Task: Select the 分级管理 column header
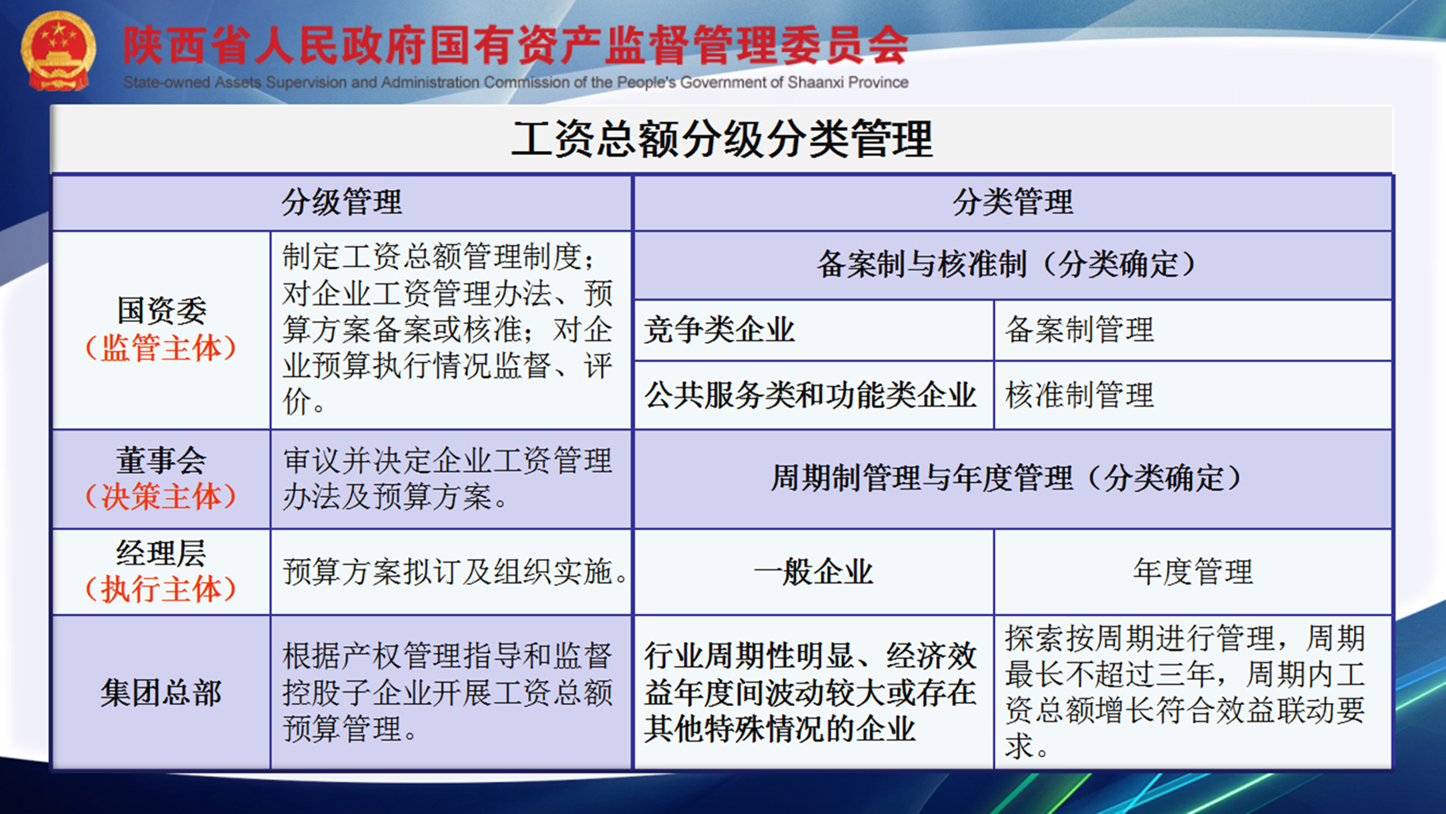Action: coord(342,202)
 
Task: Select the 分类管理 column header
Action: coord(1013,202)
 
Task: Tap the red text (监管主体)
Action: coord(161,348)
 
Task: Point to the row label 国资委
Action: coord(162,311)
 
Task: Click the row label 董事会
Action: coord(162,460)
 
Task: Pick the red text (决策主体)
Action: coord(161,497)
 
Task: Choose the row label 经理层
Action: coord(162,553)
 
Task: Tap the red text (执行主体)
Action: coord(161,590)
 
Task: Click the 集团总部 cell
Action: coord(162,692)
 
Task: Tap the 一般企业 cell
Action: coord(813,572)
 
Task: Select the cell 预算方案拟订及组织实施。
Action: coord(455,572)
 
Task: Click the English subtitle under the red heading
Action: coord(515,83)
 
